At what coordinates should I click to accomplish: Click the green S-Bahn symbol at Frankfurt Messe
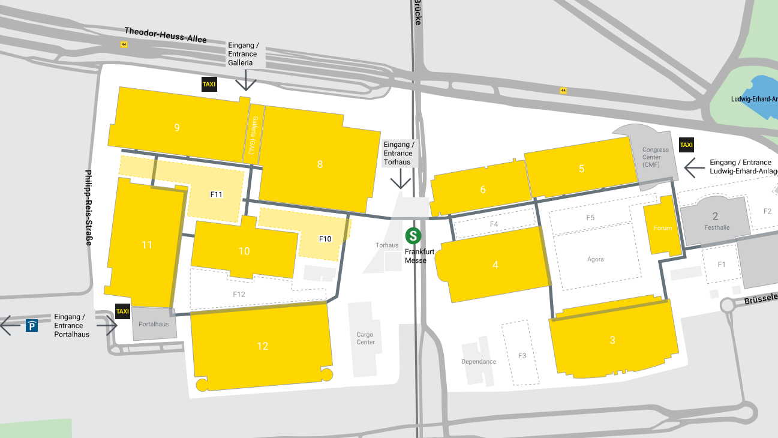pyautogui.click(x=413, y=236)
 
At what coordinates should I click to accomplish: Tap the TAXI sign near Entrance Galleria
pyautogui.click(x=209, y=85)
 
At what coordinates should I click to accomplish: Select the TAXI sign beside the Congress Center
pyautogui.click(x=686, y=145)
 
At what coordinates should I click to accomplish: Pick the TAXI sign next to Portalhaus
pyautogui.click(x=122, y=311)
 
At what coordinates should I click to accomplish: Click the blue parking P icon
pyautogui.click(x=32, y=326)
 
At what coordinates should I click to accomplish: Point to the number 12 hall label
pyautogui.click(x=262, y=346)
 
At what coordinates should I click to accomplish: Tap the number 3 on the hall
pyautogui.click(x=612, y=340)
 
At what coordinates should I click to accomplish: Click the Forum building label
pyautogui.click(x=663, y=228)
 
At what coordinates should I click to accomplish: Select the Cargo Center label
pyautogui.click(x=365, y=338)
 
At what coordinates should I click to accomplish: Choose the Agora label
pyautogui.click(x=596, y=259)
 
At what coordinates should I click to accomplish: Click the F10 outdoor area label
pyautogui.click(x=325, y=239)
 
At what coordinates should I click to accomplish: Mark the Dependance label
pyautogui.click(x=479, y=361)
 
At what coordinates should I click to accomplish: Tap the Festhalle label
pyautogui.click(x=717, y=228)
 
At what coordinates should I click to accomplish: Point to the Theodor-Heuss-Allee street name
pyautogui.click(x=166, y=35)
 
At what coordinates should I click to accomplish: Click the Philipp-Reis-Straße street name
pyautogui.click(x=89, y=208)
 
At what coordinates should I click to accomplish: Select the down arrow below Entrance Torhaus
pyautogui.click(x=400, y=181)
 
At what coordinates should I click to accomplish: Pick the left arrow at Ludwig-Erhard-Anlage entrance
pyautogui.click(x=694, y=167)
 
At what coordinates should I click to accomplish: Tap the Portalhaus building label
pyautogui.click(x=154, y=324)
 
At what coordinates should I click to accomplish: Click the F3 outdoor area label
pyautogui.click(x=522, y=356)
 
